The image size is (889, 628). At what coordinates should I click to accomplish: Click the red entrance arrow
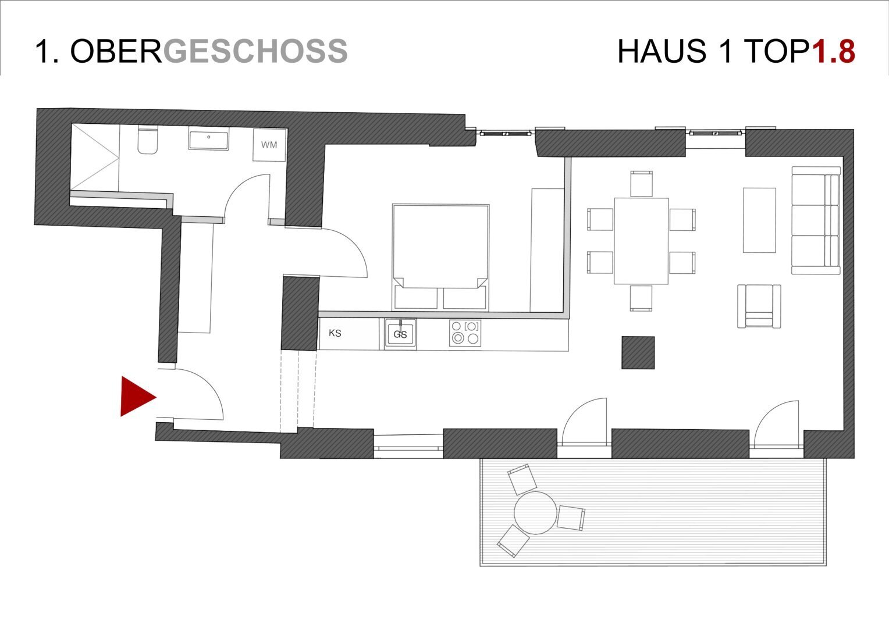coord(138,397)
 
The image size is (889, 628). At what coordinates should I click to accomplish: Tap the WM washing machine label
coord(269,145)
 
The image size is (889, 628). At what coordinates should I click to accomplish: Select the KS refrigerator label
coord(335,333)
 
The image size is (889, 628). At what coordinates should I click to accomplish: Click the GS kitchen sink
coord(400,334)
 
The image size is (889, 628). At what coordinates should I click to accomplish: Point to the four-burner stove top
coord(465,333)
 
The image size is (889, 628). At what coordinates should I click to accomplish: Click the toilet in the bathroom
coord(148,140)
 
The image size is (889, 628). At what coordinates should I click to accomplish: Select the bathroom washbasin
coord(209,138)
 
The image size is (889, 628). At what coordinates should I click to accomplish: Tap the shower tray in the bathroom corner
coord(95,156)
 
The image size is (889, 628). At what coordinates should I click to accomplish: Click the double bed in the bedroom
coord(440,257)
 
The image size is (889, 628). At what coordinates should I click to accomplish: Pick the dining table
coord(641,241)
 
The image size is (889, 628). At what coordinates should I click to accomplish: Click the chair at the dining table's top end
coord(641,184)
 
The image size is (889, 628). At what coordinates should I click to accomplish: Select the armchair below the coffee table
coord(759,306)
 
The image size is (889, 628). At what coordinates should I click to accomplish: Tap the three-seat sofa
coord(816,220)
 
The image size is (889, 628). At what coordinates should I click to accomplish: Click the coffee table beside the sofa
coord(760,220)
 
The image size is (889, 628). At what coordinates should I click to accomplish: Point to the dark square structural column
coord(638,353)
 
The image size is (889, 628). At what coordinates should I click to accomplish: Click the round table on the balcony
coord(535,513)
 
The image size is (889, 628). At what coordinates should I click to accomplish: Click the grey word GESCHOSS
coord(255,51)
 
